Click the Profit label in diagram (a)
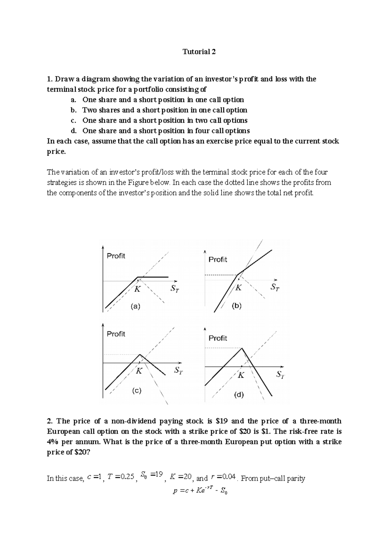point(116,256)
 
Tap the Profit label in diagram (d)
point(218,338)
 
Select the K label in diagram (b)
point(239,288)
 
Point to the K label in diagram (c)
point(139,371)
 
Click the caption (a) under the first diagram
point(135,306)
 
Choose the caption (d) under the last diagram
point(239,395)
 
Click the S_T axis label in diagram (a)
point(174,288)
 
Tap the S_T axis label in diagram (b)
point(275,287)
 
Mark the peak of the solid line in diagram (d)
point(242,348)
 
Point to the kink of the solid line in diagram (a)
point(138,277)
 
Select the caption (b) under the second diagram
point(237,306)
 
